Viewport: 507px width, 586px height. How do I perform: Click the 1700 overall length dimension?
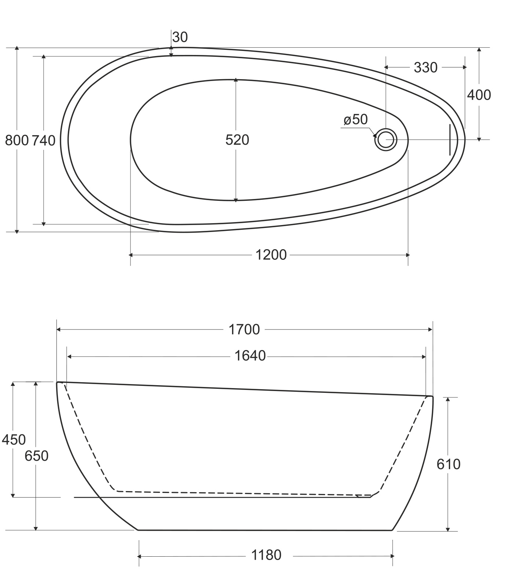click(x=244, y=329)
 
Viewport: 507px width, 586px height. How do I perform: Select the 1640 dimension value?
click(x=250, y=356)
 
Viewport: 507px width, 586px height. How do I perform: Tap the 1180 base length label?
click(x=266, y=555)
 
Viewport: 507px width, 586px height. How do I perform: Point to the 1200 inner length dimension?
click(x=271, y=255)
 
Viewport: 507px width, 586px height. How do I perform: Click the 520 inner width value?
click(x=237, y=140)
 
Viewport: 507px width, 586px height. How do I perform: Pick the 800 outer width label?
click(x=17, y=140)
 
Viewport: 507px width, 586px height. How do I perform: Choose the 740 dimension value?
click(x=44, y=140)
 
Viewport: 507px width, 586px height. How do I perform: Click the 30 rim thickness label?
click(x=180, y=37)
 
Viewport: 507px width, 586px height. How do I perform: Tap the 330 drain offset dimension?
click(x=426, y=67)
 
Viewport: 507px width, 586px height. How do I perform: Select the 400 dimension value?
click(x=479, y=95)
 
